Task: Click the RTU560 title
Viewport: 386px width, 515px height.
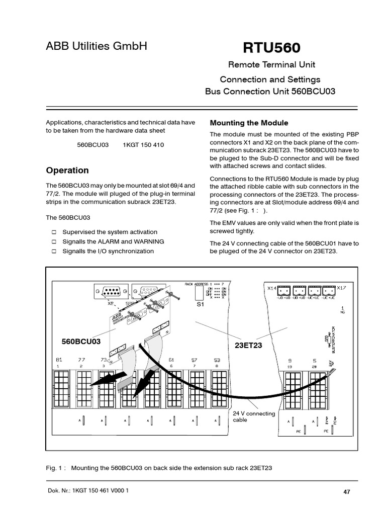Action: [x=271, y=48]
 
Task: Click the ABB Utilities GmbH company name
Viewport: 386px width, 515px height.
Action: [x=96, y=47]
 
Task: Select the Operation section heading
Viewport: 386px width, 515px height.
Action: [x=67, y=170]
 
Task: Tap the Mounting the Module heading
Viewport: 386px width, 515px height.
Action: [x=249, y=123]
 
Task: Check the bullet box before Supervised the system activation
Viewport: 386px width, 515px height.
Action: [x=54, y=232]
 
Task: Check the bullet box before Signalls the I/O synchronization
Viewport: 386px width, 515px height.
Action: [x=54, y=250]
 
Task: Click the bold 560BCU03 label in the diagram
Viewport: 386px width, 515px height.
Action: [x=81, y=341]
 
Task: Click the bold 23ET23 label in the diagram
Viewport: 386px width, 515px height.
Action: [x=249, y=346]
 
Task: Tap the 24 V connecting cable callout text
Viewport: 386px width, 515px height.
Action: [x=254, y=416]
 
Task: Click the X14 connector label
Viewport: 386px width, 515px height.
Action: [x=271, y=288]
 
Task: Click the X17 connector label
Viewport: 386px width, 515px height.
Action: [x=341, y=288]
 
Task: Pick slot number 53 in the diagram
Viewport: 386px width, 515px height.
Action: [x=217, y=360]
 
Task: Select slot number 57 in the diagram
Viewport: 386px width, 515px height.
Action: [x=194, y=360]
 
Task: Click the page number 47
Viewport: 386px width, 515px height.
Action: [x=346, y=491]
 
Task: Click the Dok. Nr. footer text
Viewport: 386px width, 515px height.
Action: [x=87, y=490]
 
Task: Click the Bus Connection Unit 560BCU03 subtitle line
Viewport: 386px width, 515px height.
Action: [x=270, y=92]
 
